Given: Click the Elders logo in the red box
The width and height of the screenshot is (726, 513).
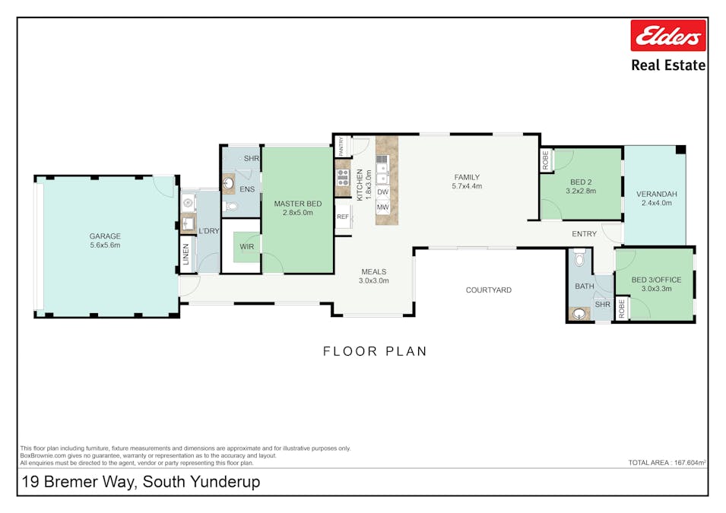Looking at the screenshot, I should coord(668,36).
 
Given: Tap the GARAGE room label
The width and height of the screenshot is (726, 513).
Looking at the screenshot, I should coord(105,236).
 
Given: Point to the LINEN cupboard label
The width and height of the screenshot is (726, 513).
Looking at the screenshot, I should coord(185,256).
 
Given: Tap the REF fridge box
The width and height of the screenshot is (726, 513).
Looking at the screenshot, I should coord(343,217).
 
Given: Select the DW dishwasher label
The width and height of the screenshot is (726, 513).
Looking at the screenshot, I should coord(382,192).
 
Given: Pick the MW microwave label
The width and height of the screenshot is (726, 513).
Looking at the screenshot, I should coord(382,207).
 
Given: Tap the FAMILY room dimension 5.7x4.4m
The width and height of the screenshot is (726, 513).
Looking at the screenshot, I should coord(467,186).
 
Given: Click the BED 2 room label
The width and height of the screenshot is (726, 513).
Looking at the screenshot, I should coord(581,182).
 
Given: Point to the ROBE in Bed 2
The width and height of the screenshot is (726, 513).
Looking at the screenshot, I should coord(546,160).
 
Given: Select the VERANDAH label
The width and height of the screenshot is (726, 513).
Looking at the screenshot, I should coord(656,194).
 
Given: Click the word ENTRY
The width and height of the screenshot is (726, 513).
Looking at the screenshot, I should coord(585,234).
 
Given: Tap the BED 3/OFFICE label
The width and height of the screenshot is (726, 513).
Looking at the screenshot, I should coord(656,280).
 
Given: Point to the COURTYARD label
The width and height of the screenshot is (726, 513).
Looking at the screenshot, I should coord(488,290).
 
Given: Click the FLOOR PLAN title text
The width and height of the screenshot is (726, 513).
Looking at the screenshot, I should coord(375,351).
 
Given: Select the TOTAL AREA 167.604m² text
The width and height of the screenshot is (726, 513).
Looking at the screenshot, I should coord(667,462).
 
